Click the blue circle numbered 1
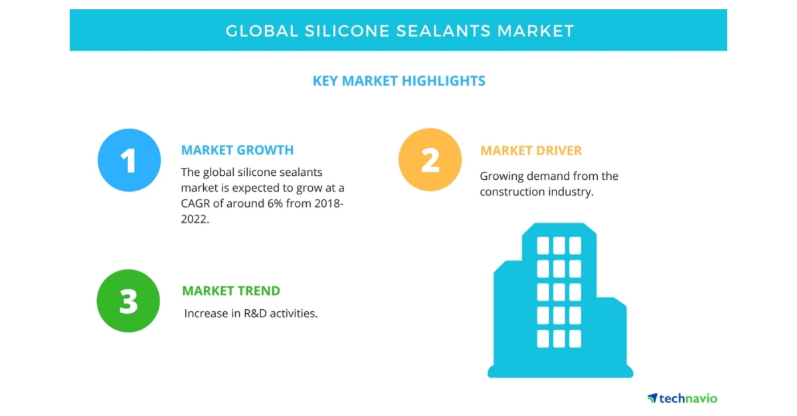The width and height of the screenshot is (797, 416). (129, 160)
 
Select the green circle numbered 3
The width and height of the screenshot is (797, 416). (128, 301)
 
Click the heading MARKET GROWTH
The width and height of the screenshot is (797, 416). (237, 150)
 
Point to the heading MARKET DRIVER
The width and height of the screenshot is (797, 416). (531, 151)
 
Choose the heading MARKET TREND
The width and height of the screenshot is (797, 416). (231, 291)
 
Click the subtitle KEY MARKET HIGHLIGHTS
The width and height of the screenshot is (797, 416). (398, 81)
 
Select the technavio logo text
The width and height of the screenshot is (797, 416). (687, 398)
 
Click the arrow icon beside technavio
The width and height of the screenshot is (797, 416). (652, 397)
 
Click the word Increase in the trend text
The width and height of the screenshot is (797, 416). (206, 312)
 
